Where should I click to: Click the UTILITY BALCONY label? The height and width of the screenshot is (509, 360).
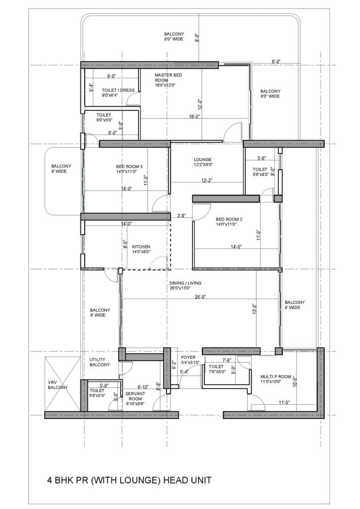click(x=100, y=362)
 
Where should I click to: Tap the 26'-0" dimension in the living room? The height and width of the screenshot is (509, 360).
click(x=200, y=297)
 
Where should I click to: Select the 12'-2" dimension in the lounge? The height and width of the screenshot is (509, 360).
click(x=207, y=180)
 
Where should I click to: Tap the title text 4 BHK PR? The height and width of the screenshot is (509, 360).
click(x=129, y=480)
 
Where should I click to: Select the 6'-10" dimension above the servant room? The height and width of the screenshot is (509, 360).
click(x=143, y=386)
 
